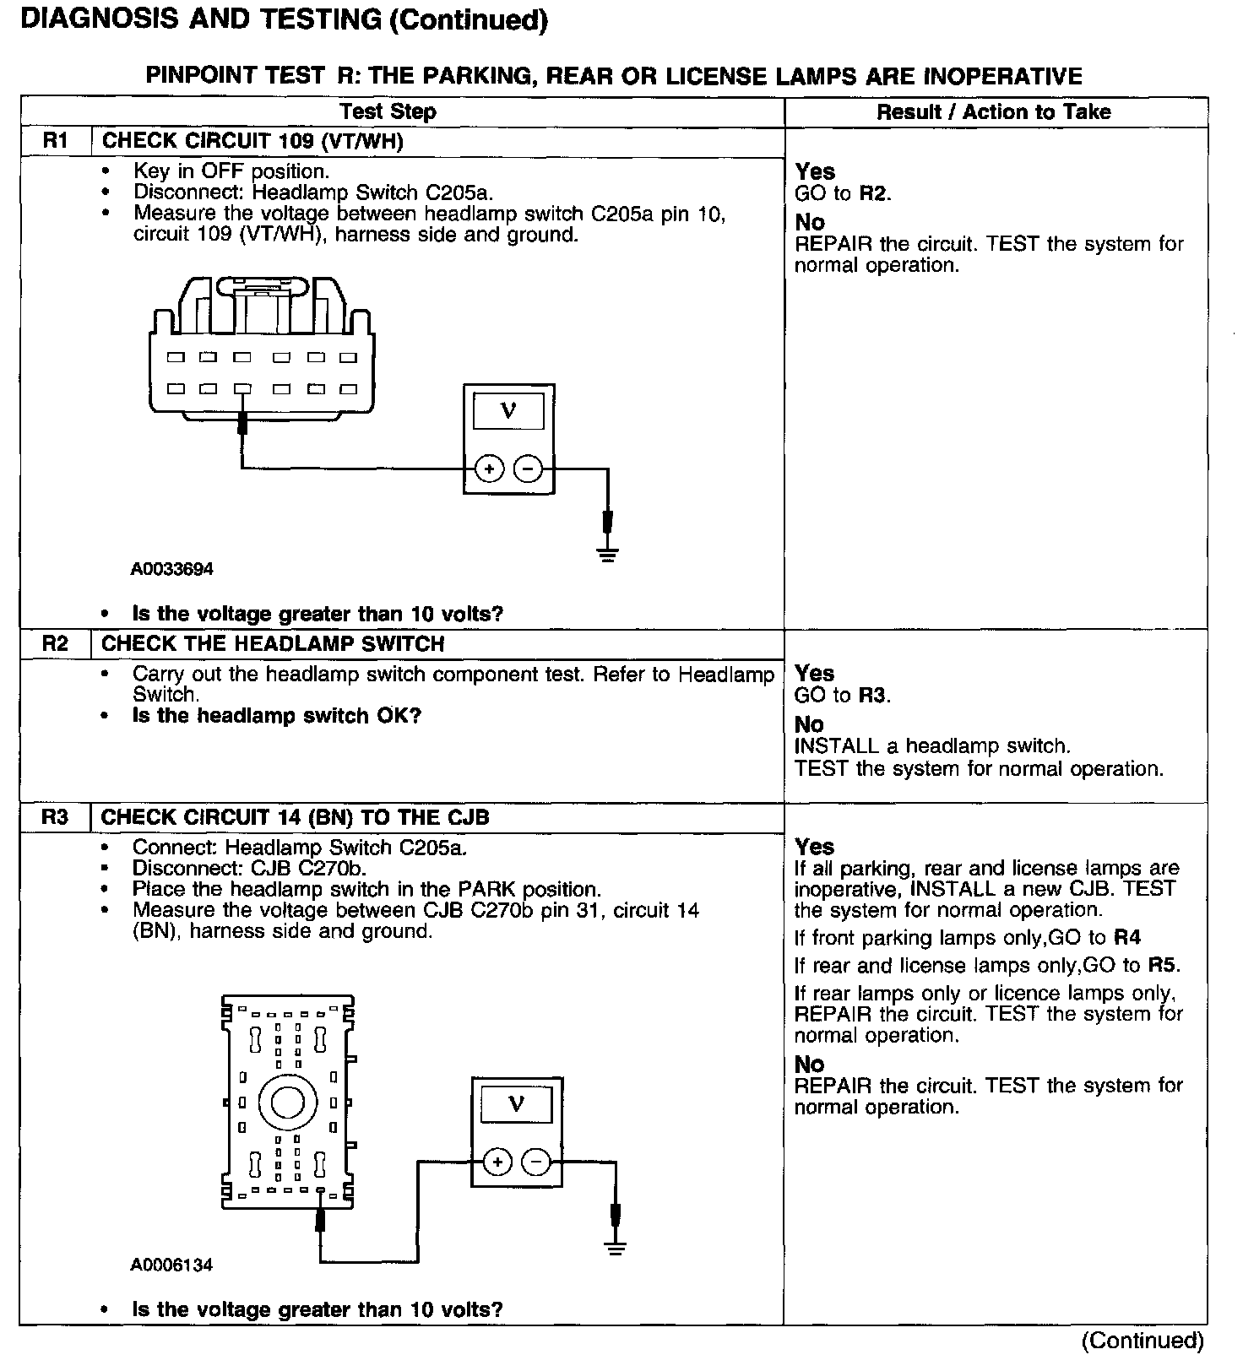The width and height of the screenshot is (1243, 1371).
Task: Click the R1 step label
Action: [x=55, y=141]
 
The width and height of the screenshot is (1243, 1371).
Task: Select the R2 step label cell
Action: [x=55, y=643]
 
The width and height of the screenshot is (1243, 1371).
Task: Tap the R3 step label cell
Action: [x=55, y=817]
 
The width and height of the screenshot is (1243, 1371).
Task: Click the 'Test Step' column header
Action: [x=388, y=111]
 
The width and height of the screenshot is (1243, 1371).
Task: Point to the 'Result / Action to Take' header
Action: [x=993, y=112]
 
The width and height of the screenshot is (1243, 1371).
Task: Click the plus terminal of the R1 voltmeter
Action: [x=489, y=469]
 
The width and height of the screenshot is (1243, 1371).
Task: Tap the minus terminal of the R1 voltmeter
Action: [x=528, y=469]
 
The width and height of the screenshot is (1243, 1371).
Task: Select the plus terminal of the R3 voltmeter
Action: [x=497, y=1162]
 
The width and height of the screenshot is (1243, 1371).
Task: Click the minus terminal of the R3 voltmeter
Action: [x=536, y=1162]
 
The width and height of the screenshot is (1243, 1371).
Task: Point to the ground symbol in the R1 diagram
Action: [x=607, y=555]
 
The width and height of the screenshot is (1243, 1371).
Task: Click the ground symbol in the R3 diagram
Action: [x=616, y=1249]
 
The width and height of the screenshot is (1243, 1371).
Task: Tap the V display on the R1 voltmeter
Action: [x=508, y=411]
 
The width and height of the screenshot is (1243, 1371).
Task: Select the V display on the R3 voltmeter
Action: [x=516, y=1103]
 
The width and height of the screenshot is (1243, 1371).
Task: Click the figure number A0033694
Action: [x=171, y=569]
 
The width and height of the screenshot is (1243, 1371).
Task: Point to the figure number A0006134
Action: [x=171, y=1265]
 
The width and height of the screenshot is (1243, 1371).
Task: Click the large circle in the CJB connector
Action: [x=287, y=1102]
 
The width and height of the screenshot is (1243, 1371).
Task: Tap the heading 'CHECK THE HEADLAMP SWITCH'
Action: [x=273, y=644]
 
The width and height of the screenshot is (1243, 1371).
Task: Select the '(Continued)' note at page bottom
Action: [x=1143, y=1341]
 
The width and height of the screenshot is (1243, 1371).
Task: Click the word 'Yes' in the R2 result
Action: [x=814, y=674]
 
